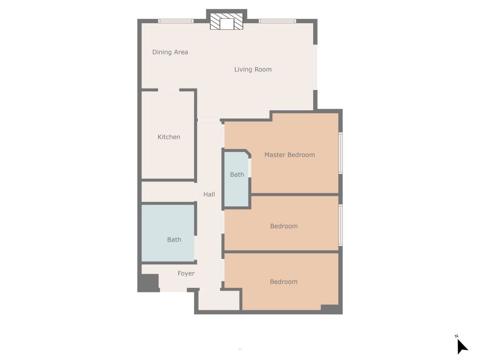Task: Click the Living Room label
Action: click(253, 70)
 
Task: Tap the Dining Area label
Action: click(170, 52)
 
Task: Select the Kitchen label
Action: click(169, 137)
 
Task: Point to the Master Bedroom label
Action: click(290, 155)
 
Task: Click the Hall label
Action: click(209, 194)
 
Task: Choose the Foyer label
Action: click(186, 274)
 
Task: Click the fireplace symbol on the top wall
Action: click(226, 22)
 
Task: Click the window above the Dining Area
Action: click(176, 21)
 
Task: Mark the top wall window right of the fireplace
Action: click(277, 21)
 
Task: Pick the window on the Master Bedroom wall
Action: click(340, 153)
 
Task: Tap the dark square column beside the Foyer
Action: click(148, 283)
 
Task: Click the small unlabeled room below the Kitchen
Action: click(168, 192)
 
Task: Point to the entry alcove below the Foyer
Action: click(219, 300)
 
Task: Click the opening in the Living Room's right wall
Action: click(315, 67)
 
